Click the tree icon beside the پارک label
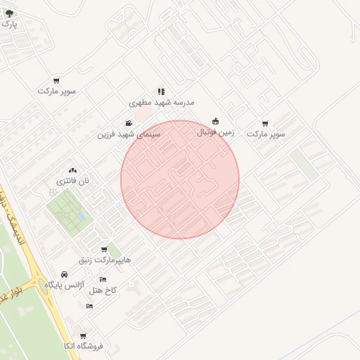[9, 13]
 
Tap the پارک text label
[8, 23]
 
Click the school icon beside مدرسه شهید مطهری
[161, 91]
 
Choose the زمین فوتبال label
[214, 131]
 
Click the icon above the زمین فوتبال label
[215, 121]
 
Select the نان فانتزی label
[73, 181]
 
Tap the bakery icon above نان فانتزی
[73, 170]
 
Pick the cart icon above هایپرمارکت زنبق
[105, 248]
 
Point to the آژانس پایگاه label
[65, 285]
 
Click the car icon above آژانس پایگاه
[65, 274]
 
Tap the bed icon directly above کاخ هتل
[103, 279]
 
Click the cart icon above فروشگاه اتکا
[83, 336]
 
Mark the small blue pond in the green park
[82, 217]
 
